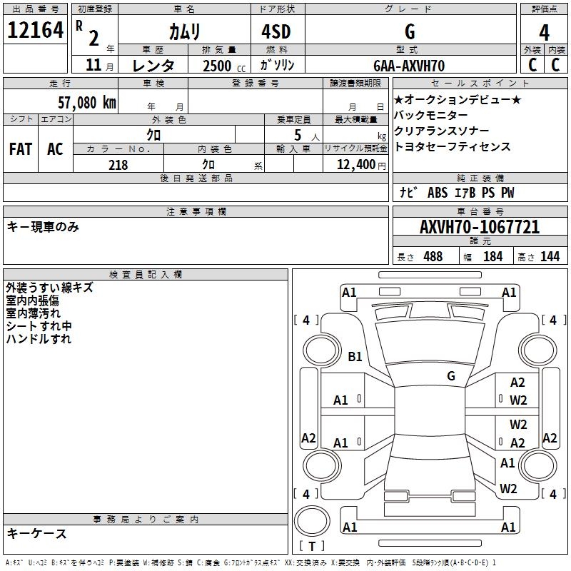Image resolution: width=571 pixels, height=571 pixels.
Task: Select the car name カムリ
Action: click(184, 31)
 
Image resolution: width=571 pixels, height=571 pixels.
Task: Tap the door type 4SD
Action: click(276, 31)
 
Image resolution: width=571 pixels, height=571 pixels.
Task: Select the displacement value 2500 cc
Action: click(218, 66)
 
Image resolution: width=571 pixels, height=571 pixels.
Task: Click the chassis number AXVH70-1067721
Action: click(480, 228)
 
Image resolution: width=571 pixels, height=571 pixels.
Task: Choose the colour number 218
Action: click(118, 165)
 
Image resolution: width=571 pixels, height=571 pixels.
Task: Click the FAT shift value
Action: click(21, 149)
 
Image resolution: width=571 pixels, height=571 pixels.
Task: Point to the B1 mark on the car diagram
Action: click(355, 356)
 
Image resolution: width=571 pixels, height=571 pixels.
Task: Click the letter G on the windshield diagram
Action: click(450, 375)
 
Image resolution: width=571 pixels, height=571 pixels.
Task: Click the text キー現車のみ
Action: click(43, 227)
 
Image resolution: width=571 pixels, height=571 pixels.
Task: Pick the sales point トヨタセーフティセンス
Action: click(453, 146)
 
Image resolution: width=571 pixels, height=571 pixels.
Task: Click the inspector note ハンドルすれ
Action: click(39, 339)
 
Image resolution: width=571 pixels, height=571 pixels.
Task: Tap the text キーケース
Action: click(36, 533)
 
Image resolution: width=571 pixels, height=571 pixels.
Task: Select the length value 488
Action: click(433, 257)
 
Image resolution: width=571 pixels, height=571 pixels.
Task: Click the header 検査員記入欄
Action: click(146, 274)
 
